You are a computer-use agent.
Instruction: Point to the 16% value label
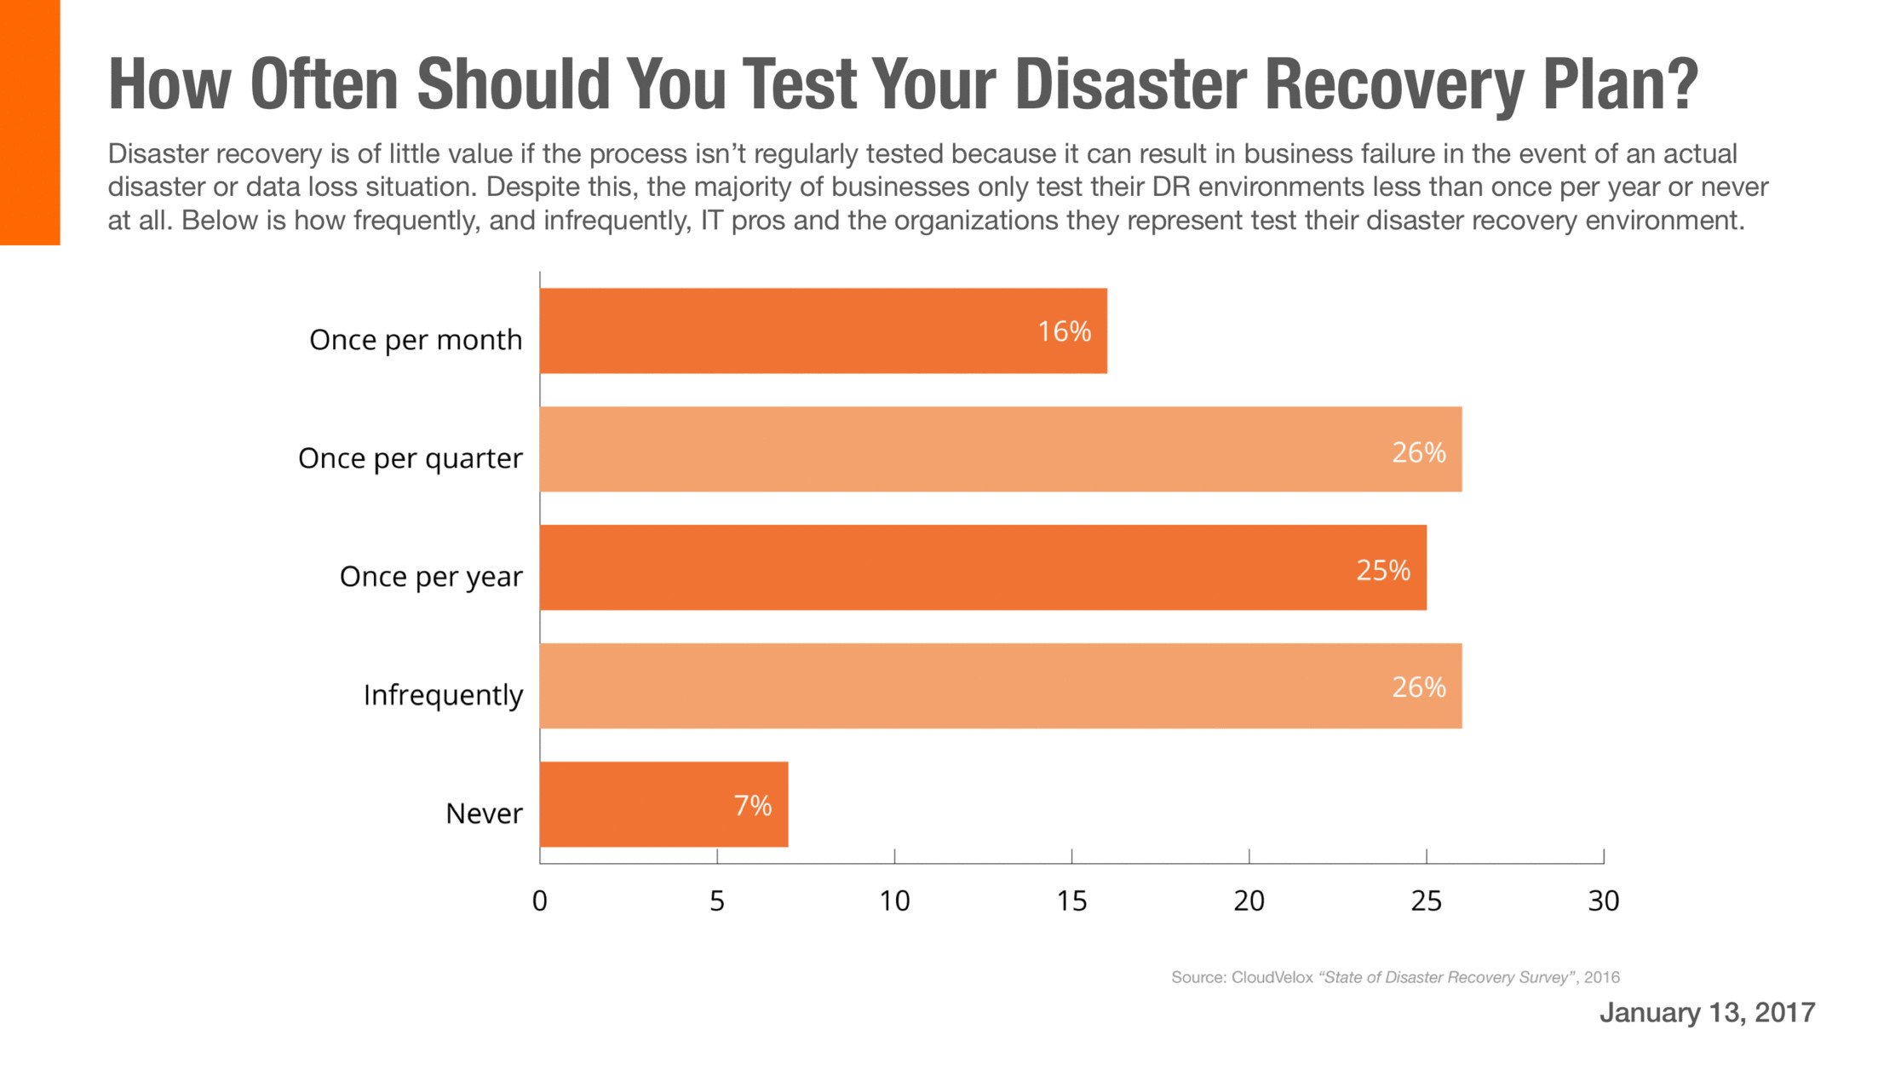click(x=1064, y=331)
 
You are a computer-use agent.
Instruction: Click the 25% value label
click(x=1383, y=570)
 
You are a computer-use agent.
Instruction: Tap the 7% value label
click(x=753, y=805)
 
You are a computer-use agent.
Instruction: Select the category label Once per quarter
click(x=410, y=458)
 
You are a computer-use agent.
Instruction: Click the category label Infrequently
click(x=443, y=695)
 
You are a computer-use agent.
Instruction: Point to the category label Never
click(x=484, y=814)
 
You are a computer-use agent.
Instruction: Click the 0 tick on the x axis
click(x=539, y=900)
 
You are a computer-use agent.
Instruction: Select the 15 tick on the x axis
click(x=1071, y=900)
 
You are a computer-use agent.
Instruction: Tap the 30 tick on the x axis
click(x=1604, y=900)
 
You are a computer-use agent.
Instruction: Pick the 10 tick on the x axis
click(x=894, y=900)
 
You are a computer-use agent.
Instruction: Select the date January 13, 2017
click(x=1707, y=1012)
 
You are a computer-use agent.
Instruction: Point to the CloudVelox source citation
click(x=1395, y=977)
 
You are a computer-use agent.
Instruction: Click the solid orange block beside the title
click(x=30, y=122)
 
